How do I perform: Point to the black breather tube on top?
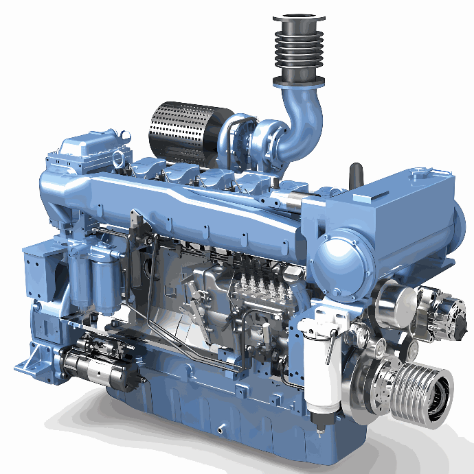tap(356, 176)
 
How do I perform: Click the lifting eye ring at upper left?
tap(119, 159)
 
